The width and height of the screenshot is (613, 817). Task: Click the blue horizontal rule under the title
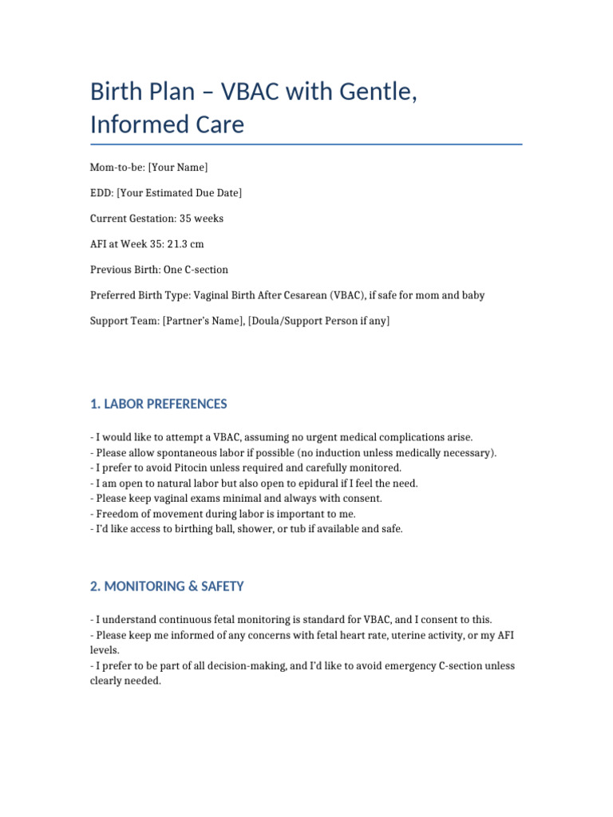pos(306,144)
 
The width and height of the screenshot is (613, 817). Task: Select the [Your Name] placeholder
pos(178,167)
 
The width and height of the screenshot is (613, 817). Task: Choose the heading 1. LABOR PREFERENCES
pos(159,404)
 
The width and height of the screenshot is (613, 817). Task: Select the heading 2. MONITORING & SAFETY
pos(167,586)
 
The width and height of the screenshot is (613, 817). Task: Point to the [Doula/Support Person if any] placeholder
pos(314,321)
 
